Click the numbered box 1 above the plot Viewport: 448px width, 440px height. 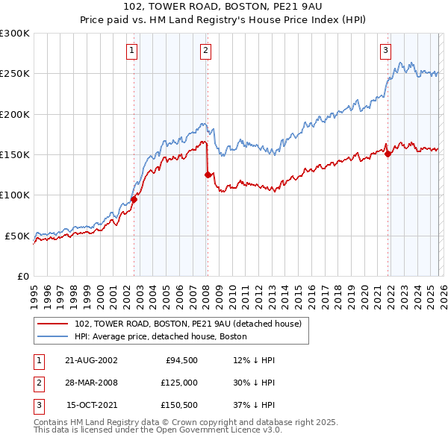point(131,51)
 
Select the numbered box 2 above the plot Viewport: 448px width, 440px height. point(205,51)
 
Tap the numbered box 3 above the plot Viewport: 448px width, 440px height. point(385,51)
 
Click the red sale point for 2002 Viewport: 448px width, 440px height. point(134,199)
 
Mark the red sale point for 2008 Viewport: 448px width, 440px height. point(208,175)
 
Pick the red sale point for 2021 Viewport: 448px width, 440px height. point(388,154)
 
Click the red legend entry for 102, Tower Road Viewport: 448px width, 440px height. point(187,324)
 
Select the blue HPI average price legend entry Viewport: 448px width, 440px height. point(165,336)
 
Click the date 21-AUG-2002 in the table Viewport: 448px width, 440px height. point(91,360)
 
